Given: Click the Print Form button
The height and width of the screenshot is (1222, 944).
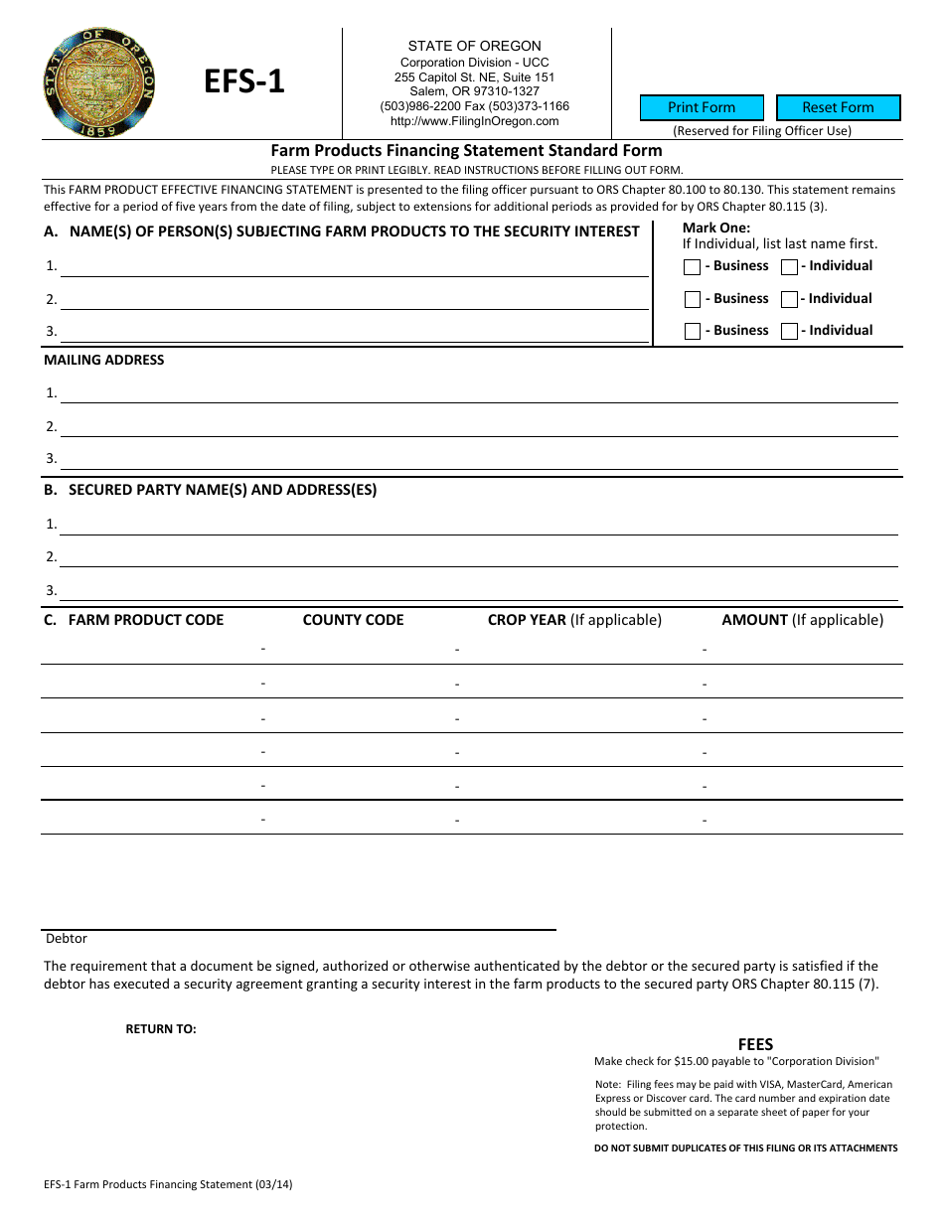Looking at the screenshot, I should click(702, 107).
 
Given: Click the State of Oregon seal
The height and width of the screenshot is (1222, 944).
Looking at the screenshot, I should click(99, 82).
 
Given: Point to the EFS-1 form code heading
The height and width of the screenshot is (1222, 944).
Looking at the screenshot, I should click(244, 81).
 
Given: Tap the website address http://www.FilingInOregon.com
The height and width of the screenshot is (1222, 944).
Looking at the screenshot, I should click(474, 121).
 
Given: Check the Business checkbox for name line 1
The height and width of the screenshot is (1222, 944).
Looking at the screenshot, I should click(693, 267).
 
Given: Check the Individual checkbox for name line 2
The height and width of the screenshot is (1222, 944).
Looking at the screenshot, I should click(789, 299).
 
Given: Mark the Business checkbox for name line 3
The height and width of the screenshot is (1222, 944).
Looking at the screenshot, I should click(693, 332).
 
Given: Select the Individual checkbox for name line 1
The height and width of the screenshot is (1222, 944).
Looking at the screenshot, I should click(789, 267).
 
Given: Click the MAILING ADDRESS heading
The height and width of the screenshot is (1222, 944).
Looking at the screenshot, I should click(104, 360).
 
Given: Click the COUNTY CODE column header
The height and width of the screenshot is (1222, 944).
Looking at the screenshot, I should click(353, 620).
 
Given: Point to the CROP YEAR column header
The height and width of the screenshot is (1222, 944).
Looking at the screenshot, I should click(527, 620).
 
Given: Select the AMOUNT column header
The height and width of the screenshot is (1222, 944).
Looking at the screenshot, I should click(755, 620).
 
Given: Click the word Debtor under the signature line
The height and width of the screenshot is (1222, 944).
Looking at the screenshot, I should click(67, 939).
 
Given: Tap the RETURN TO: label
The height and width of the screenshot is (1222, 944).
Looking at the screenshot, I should click(161, 1029).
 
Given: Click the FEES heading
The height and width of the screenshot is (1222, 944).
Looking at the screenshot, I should click(755, 1044).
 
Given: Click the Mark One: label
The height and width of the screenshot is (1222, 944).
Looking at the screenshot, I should click(716, 228).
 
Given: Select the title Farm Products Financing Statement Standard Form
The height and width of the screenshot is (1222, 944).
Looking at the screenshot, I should click(467, 151).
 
